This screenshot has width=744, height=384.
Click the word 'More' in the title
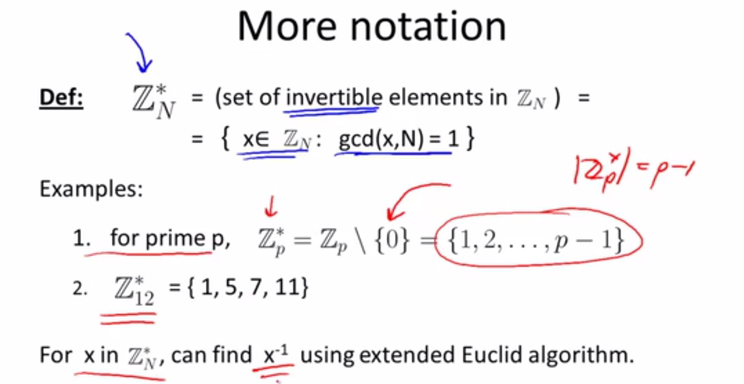pyautogui.click(x=287, y=27)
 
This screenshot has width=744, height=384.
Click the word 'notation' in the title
pyautogui.click(x=428, y=27)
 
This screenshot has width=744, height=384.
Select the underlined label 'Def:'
pyautogui.click(x=61, y=97)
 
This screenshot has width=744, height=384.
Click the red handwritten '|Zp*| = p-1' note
pyautogui.click(x=634, y=170)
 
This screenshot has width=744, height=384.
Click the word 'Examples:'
pyautogui.click(x=91, y=189)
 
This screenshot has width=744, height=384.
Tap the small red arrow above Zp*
pyautogui.click(x=271, y=206)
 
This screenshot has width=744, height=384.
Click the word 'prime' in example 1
pyautogui.click(x=175, y=239)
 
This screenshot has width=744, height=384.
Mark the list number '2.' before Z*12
pyautogui.click(x=80, y=288)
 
